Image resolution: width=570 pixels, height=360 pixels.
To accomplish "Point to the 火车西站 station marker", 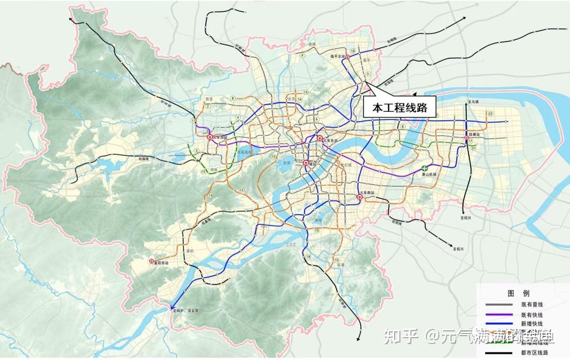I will point(210,136).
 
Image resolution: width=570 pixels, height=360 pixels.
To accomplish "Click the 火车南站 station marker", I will point(360,197).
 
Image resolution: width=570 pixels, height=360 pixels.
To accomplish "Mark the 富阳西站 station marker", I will point(152,261).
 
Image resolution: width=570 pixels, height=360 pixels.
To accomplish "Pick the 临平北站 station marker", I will point(349,57).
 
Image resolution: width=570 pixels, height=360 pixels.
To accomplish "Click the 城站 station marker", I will point(306,163).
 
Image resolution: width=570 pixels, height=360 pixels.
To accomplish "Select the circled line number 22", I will point(491,114).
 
